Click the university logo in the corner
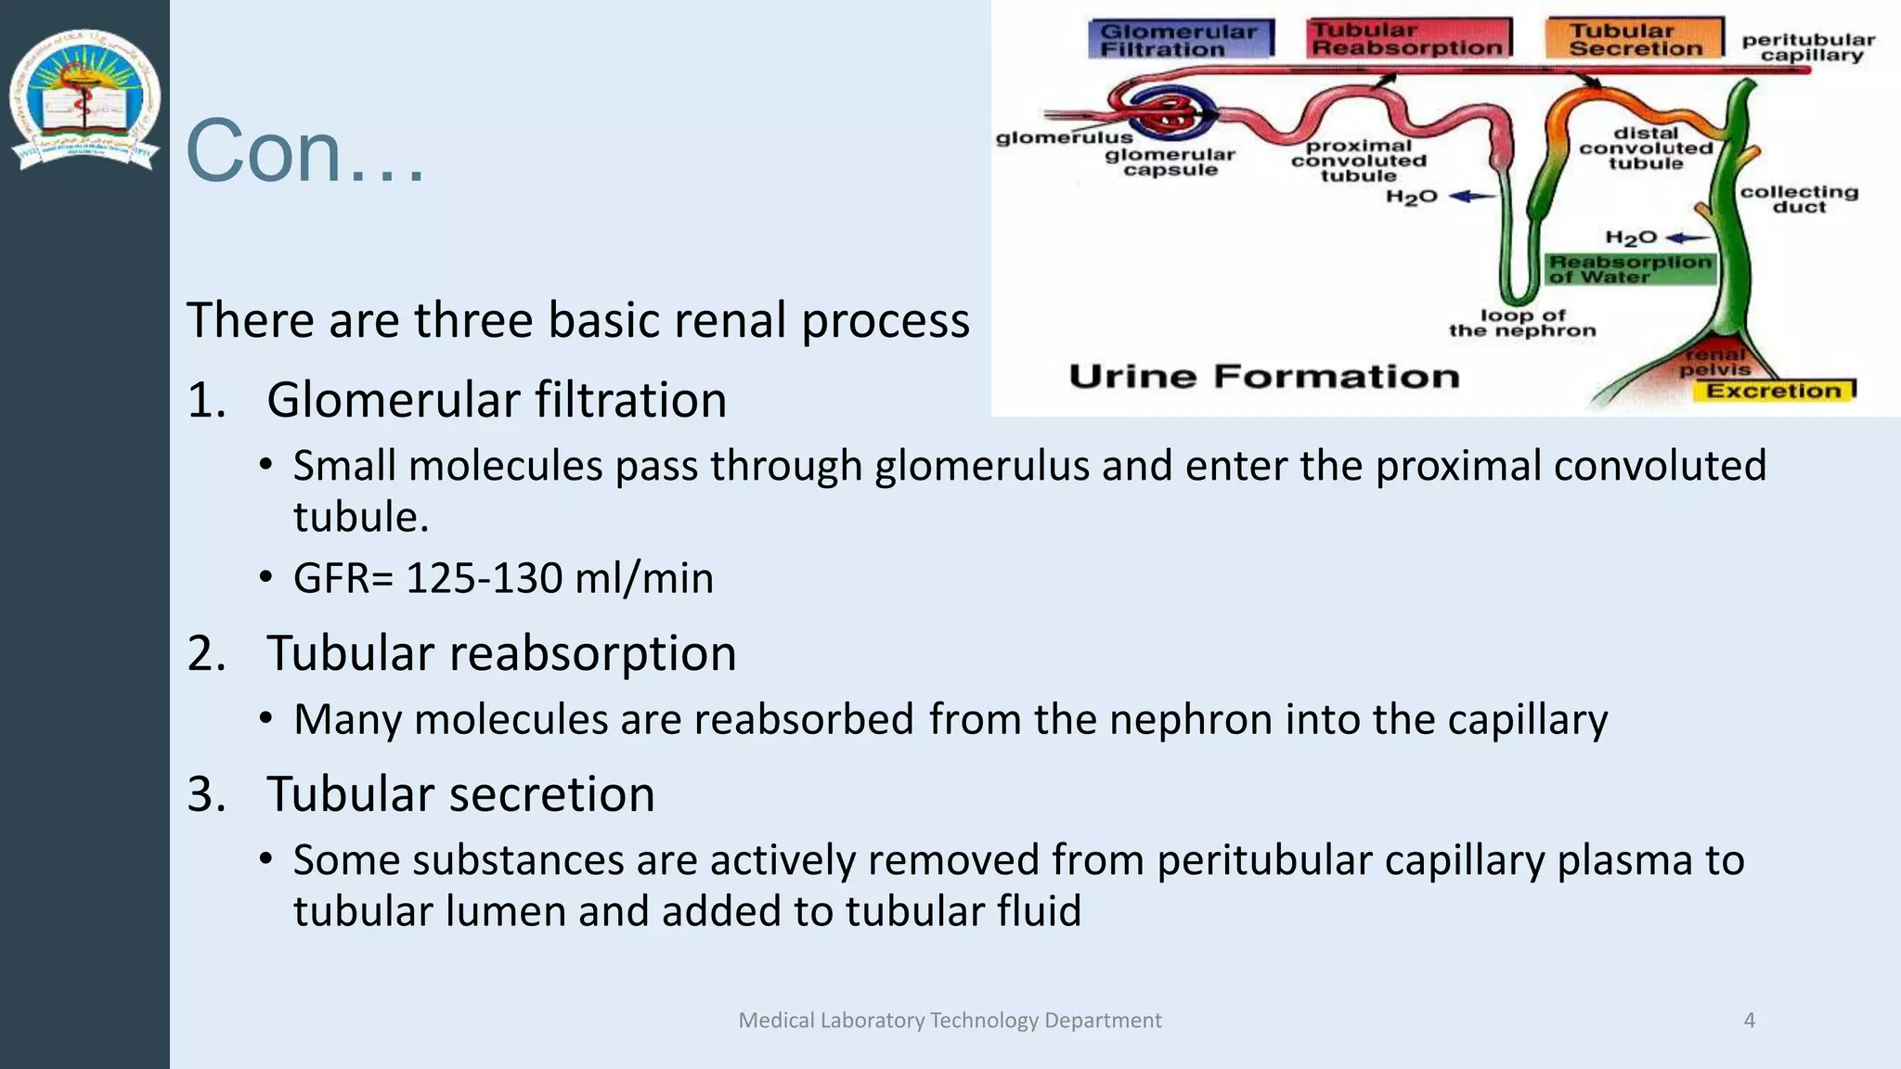84,100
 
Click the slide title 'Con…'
304,150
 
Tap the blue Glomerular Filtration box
1179,40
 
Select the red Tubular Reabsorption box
1407,39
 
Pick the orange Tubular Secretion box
1635,39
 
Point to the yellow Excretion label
1774,391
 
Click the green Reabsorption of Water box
1629,269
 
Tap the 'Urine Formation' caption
1264,376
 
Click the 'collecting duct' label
1798,199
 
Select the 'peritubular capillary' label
1808,47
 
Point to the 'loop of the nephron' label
1522,323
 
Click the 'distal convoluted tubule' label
1646,148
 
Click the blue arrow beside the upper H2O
1472,196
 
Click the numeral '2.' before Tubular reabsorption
206,653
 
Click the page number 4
1749,1020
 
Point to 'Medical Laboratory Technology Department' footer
950,1020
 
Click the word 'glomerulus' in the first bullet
982,466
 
